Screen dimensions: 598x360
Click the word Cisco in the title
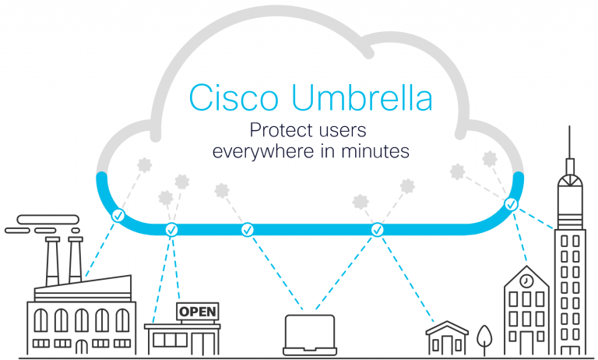click(x=234, y=97)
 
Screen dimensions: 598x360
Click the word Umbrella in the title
click(x=362, y=97)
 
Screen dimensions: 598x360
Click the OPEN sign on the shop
click(x=198, y=312)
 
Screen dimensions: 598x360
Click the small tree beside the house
click(x=484, y=340)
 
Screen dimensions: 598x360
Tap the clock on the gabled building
click(x=526, y=281)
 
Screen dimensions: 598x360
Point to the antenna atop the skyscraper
click(x=569, y=142)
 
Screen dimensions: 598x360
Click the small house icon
click(x=447, y=338)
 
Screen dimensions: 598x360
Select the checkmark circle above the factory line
click(x=118, y=216)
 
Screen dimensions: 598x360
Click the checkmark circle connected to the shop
click(x=171, y=230)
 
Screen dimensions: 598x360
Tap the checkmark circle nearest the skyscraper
click(x=511, y=204)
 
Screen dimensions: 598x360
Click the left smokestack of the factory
click(x=52, y=261)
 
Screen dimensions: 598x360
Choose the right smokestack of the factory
click(x=76, y=260)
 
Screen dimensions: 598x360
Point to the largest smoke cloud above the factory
click(x=48, y=220)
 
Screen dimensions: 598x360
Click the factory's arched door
click(x=81, y=347)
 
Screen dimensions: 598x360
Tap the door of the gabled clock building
click(x=526, y=342)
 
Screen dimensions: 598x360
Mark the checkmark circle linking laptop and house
click(x=377, y=230)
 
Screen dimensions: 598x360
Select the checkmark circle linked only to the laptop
click(x=248, y=230)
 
